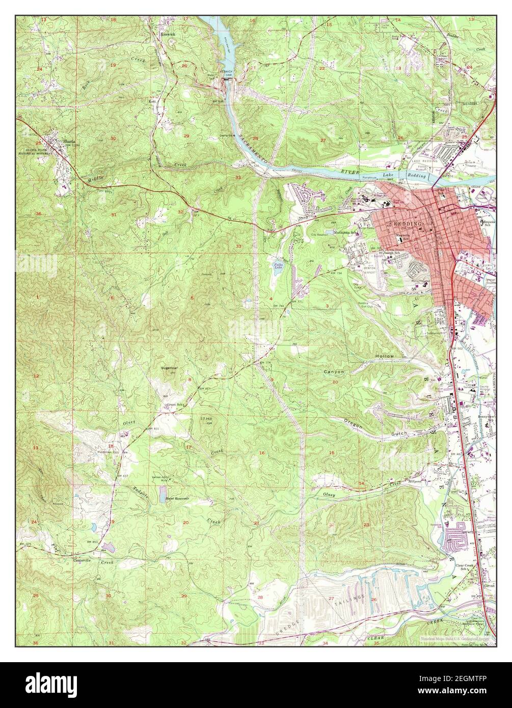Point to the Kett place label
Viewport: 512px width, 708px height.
(x=151, y=101)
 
